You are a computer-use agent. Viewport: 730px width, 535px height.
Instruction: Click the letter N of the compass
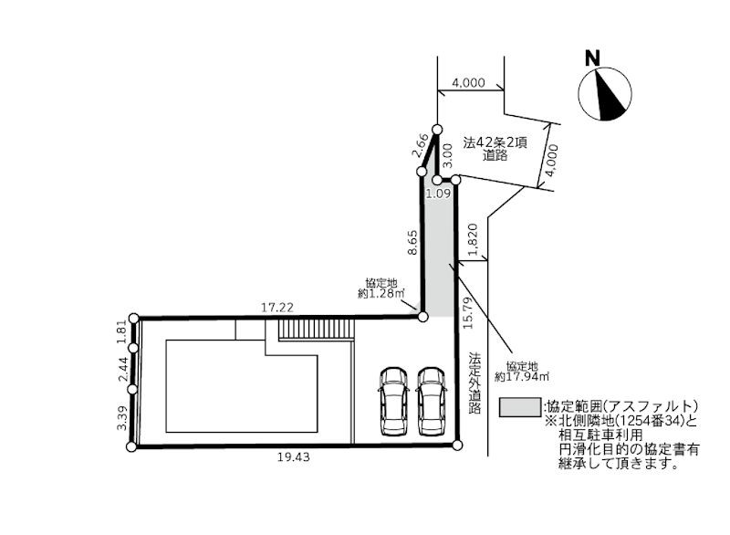coord(592,57)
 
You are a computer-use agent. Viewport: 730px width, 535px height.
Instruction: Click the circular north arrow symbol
coord(606,95)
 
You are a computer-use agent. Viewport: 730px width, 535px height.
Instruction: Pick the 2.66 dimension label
coord(421,145)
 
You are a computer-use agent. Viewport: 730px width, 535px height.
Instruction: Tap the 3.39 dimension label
coord(121,419)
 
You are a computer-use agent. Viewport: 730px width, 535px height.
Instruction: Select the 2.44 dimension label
coord(121,369)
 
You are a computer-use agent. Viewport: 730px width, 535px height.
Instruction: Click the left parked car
coord(394,399)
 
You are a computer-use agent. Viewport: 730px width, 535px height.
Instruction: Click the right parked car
coord(431,399)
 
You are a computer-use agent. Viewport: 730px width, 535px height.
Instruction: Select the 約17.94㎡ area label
coord(521,369)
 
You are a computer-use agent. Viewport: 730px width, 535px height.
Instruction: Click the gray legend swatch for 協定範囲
coord(518,406)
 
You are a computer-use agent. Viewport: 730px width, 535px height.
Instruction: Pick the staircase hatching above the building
coord(315,331)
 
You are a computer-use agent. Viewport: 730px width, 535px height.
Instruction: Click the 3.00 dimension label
coord(447,158)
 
